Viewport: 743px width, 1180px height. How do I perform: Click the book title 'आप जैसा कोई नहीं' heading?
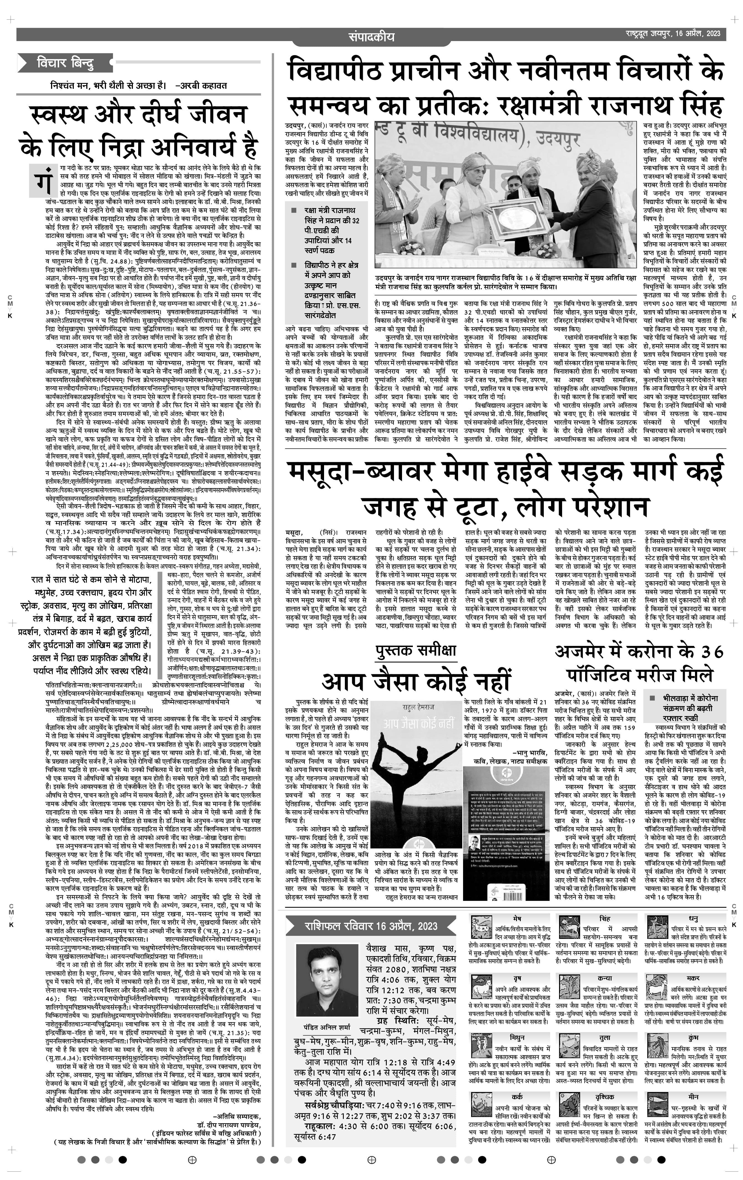point(416,681)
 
